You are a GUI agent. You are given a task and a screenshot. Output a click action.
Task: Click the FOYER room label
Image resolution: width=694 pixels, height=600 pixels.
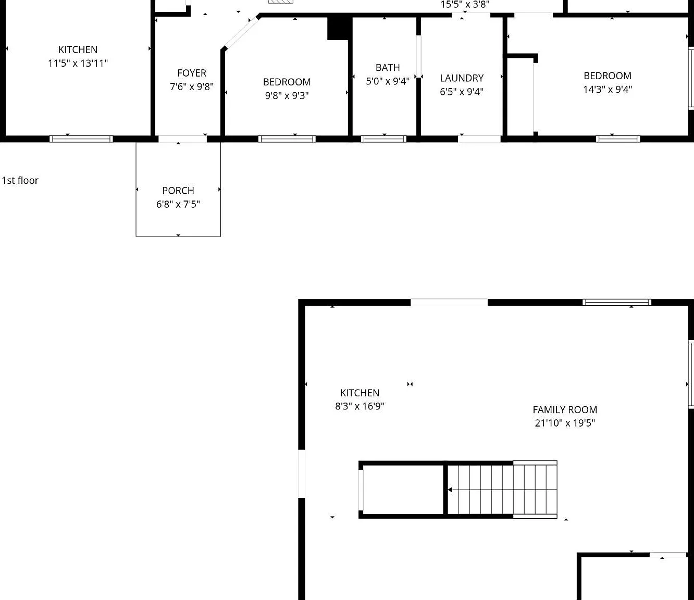pos(192,73)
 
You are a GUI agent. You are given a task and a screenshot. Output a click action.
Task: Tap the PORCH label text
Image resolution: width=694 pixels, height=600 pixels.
pos(178,191)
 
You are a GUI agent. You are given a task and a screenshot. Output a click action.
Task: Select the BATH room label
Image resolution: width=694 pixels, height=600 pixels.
pos(388,68)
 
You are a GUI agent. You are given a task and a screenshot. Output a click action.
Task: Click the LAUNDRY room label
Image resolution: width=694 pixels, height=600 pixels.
pos(462,78)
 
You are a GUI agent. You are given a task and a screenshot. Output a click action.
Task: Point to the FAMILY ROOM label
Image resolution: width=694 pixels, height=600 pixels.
pos(565,410)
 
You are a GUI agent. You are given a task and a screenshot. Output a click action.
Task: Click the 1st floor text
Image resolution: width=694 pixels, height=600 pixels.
pos(20,181)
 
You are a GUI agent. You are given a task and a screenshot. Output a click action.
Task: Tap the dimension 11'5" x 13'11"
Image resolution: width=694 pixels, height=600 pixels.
pos(78,63)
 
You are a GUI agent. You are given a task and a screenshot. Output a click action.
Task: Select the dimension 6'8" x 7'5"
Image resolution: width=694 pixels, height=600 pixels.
pos(178,204)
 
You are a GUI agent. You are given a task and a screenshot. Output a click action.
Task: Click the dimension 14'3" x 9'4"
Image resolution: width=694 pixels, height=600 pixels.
pos(608,89)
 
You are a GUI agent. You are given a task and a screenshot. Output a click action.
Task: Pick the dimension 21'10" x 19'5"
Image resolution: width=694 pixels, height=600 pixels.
pos(565,423)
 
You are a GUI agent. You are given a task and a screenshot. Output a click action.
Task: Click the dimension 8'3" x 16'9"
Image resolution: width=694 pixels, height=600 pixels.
pos(360,406)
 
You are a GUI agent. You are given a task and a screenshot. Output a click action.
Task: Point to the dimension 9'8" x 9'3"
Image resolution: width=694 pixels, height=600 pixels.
pos(287,96)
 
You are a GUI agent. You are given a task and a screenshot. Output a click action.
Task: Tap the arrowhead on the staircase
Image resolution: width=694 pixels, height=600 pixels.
pos(450,490)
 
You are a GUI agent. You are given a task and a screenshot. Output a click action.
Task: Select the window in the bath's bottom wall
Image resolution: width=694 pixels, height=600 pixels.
pos(384,139)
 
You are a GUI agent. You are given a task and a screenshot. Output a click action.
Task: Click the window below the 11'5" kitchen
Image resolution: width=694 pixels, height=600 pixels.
pos(81,139)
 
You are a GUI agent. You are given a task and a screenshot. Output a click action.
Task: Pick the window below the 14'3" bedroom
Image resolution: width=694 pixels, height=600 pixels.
pos(618,139)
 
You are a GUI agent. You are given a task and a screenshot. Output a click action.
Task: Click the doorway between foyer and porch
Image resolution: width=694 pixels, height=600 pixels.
pos(182,139)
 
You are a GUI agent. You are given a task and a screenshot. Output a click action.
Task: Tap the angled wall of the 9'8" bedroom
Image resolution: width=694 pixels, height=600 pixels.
pos(241,32)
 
